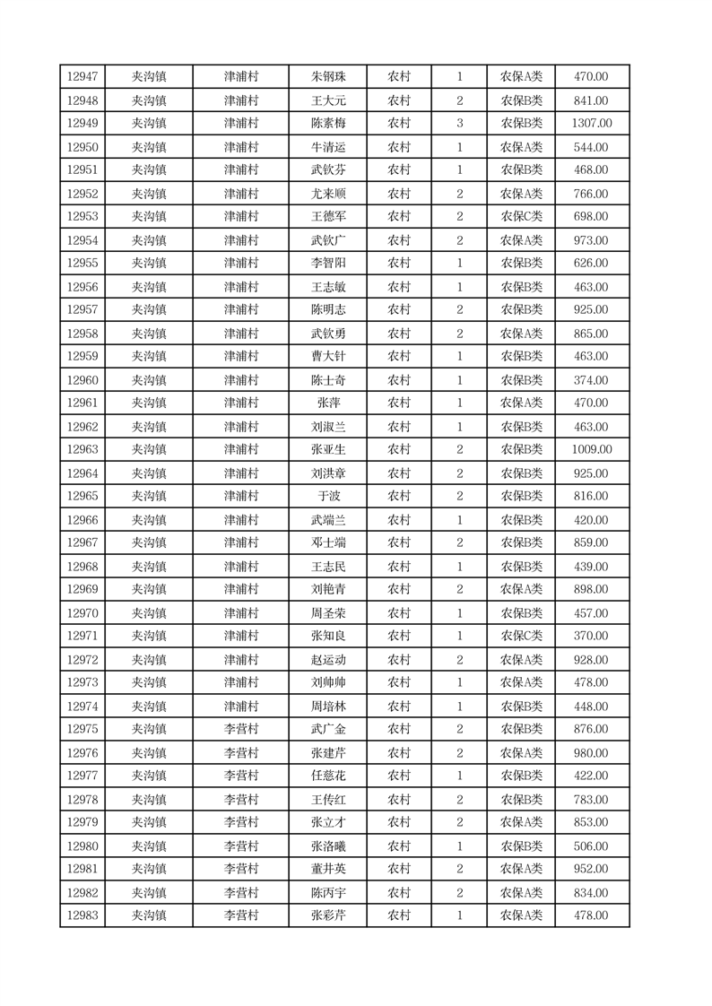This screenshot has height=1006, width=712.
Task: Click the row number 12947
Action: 82,77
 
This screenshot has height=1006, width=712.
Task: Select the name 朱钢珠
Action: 327,77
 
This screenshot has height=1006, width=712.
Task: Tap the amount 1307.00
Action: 592,124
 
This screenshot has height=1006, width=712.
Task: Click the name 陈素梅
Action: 327,124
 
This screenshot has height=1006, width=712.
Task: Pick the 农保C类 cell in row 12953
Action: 521,217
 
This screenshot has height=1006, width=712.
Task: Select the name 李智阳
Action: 327,264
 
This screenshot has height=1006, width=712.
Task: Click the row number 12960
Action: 82,380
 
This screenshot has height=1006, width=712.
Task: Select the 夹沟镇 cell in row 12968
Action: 149,567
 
